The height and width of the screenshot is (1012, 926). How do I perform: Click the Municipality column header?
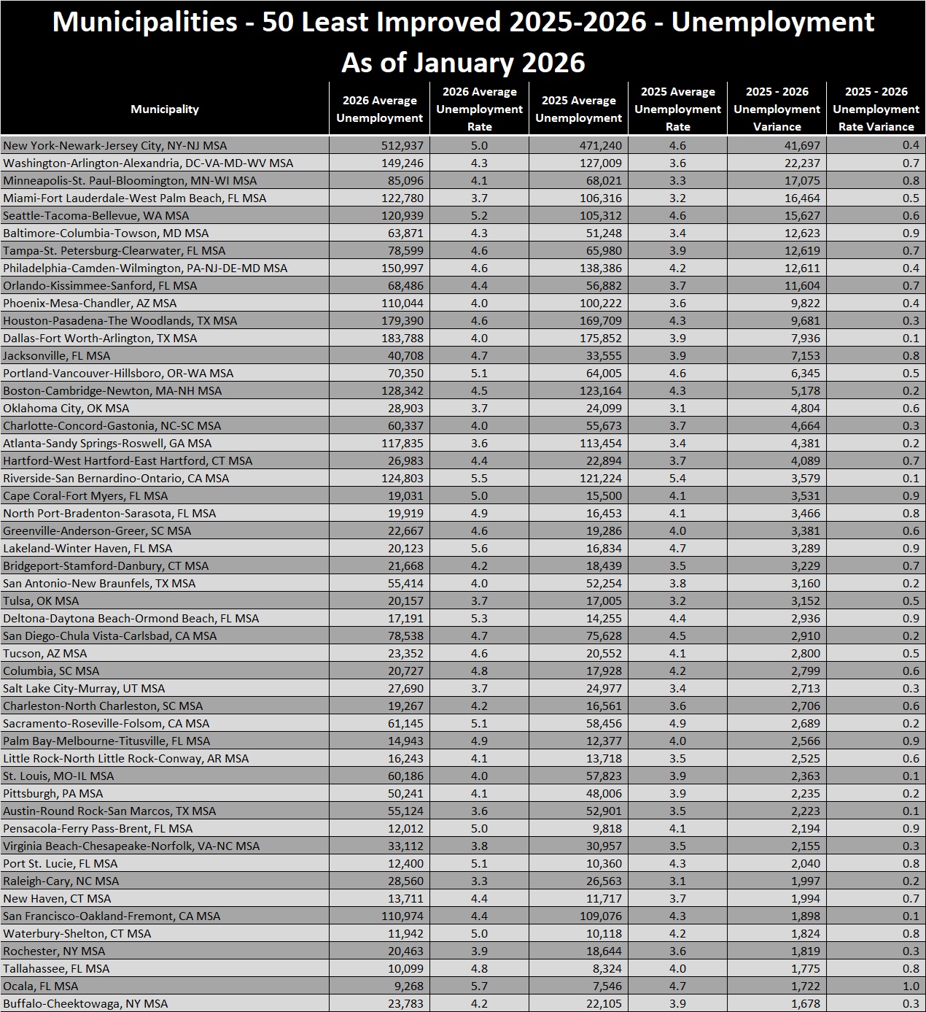coord(165,109)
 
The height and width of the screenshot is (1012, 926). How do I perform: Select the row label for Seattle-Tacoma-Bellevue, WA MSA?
coord(96,216)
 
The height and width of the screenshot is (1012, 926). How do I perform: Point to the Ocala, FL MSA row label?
coord(40,986)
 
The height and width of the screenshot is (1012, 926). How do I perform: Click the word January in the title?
coord(463,63)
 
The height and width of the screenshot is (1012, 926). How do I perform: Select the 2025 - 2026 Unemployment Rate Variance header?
coord(876,109)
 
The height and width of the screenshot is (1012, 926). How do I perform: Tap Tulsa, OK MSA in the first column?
coord(41,601)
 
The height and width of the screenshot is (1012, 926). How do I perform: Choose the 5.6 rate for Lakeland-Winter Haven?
coord(479,549)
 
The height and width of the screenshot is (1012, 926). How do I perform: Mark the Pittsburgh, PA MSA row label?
coord(52,794)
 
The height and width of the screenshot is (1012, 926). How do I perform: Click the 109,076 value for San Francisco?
coord(601,916)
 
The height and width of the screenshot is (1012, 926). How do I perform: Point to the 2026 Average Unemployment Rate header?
coord(479,109)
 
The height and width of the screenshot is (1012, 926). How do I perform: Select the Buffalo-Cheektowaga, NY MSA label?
coord(85,1004)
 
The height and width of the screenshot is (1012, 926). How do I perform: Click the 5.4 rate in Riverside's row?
coord(677,479)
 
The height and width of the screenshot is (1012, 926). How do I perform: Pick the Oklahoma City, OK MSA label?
coord(66,409)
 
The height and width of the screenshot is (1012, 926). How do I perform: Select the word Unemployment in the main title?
coord(772,23)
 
